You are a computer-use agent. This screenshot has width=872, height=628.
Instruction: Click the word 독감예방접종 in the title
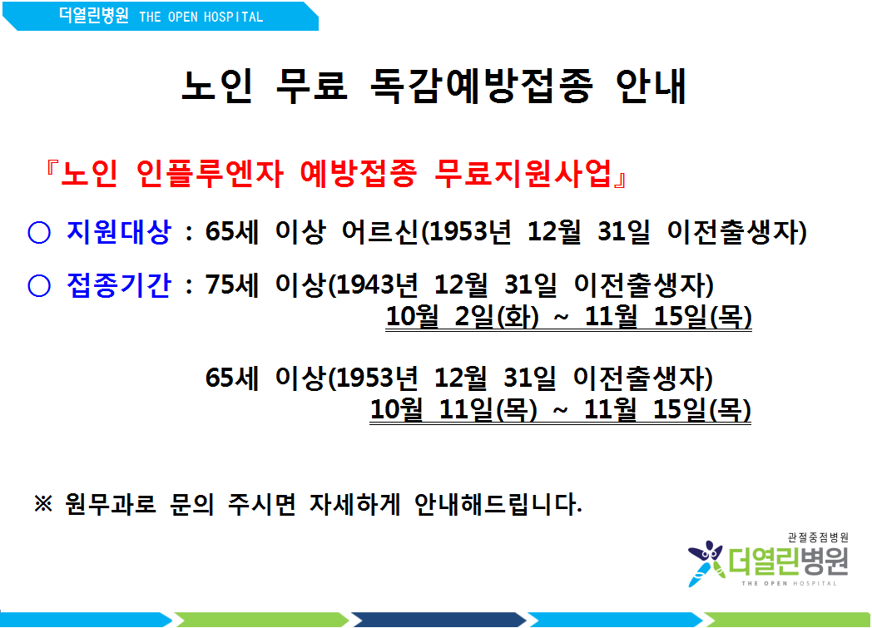pos(482,87)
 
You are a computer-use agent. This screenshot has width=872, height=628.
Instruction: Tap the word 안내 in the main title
pos(652,87)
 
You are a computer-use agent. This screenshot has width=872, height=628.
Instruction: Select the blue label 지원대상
pos(118,232)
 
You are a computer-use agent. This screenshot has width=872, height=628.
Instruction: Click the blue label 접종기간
pos(118,285)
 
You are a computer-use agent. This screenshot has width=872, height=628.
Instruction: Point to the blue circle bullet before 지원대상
pos(39,232)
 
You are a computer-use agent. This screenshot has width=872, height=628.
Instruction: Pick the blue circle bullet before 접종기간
pos(39,286)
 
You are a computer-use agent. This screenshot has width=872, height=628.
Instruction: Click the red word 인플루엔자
pos(210,173)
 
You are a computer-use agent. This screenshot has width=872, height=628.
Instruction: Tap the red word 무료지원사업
pos(523,173)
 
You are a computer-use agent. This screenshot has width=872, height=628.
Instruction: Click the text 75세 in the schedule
pos(232,285)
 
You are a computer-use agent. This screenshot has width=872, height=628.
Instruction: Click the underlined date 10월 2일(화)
pos(462,317)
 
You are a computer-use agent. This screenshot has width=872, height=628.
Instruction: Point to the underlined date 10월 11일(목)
pos(453,409)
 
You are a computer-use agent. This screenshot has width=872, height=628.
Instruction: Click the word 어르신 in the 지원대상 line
pos(379,232)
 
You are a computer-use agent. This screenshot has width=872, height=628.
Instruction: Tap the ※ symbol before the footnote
pos(43,503)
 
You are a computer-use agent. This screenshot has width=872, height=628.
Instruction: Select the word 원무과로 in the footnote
pos(111,503)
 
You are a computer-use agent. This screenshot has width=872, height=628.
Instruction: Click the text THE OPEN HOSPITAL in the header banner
pos(201,17)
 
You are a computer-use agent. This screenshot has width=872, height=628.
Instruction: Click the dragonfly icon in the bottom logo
pos(706,563)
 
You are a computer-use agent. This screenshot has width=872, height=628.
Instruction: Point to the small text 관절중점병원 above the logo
pos(818,537)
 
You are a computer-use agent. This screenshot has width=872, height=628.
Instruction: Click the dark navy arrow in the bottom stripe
pos(438,620)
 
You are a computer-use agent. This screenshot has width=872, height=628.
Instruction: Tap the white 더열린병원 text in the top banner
pos(93,16)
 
